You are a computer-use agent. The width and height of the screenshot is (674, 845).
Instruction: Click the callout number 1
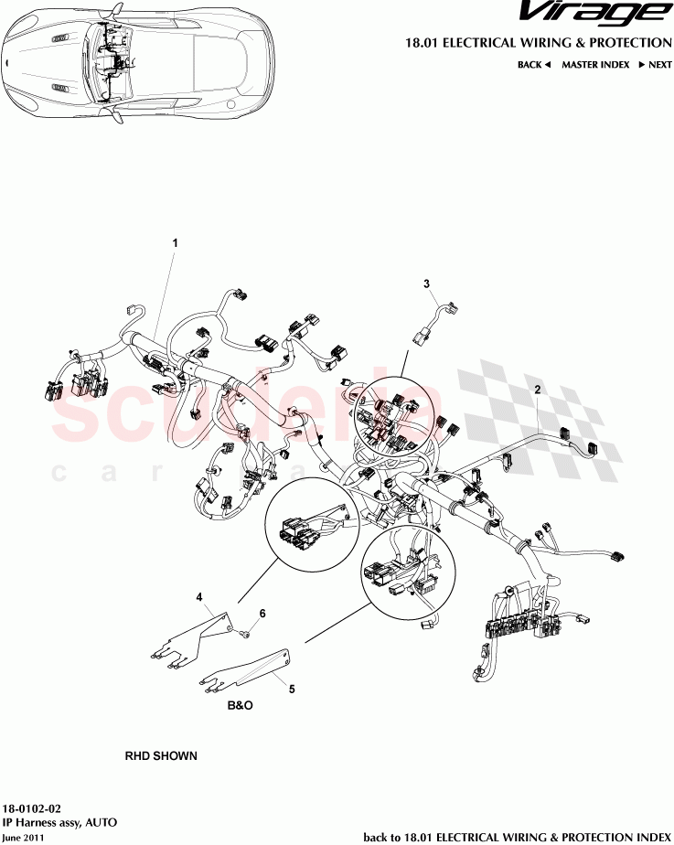175,243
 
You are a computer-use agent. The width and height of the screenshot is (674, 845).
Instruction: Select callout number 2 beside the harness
538,390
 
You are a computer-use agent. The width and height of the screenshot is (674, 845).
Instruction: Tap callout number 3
427,284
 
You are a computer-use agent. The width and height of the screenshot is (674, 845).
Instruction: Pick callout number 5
292,690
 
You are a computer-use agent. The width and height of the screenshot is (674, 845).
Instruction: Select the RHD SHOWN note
161,757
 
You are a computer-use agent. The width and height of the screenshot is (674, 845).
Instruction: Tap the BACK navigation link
534,65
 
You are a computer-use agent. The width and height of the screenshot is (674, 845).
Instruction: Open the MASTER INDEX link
595,65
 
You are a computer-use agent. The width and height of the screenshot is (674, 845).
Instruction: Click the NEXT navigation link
656,65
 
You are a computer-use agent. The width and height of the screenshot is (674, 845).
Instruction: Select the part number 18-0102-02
33,809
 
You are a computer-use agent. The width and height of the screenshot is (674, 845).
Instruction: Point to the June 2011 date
23,837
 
